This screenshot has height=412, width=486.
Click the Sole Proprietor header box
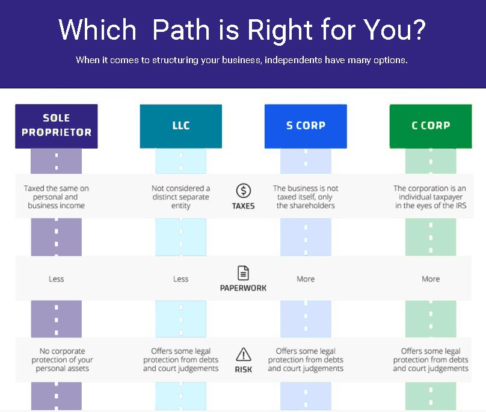tap(56, 126)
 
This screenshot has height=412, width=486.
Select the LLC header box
tap(180, 126)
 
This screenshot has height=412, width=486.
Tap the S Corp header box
tap(306, 126)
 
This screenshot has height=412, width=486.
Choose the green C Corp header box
tap(431, 126)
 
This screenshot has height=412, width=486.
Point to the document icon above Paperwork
tap(243, 273)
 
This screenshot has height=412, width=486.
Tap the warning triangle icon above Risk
tap(243, 354)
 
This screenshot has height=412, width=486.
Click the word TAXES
tap(243, 206)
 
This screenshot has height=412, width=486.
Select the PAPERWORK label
tap(243, 287)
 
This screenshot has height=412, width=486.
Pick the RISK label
tap(243, 369)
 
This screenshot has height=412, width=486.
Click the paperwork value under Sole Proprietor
tap(56, 279)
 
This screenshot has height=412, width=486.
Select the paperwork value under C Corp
tap(431, 279)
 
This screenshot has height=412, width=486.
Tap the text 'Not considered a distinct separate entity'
tap(180, 197)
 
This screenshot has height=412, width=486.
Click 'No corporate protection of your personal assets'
tap(56, 360)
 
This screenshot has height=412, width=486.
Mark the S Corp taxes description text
tap(306, 197)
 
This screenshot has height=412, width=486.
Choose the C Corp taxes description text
tap(431, 197)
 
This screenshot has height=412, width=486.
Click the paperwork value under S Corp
tap(306, 279)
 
